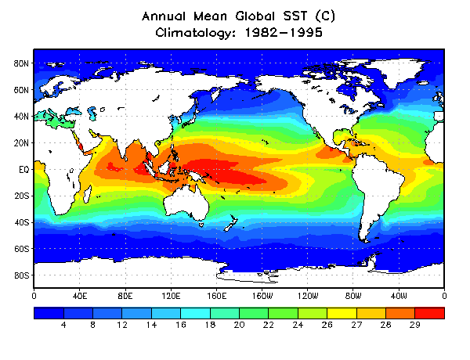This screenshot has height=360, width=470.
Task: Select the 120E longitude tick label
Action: coord(171,297)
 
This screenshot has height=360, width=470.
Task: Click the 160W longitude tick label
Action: coord(262,297)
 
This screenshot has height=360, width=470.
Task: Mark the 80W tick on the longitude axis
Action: coord(353,297)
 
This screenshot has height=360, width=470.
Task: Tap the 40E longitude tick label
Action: coord(79,297)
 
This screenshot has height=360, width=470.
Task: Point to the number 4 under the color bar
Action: coord(63,324)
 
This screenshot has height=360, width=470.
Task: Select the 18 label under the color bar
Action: coord(210,324)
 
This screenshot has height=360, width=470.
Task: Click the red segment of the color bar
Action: coord(430,312)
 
